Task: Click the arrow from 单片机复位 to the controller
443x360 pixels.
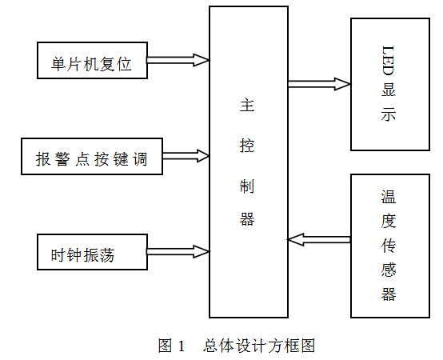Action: coord(178,60)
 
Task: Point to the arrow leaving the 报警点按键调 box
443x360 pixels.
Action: coord(186,156)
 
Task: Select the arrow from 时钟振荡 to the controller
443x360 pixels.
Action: coord(178,251)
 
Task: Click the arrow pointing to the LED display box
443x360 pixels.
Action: coord(319,84)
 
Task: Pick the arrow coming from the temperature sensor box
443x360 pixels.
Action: coord(319,240)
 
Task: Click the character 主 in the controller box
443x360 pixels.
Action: coord(247,105)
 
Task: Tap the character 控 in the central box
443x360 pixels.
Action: coord(247,146)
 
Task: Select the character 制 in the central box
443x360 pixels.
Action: coord(247,186)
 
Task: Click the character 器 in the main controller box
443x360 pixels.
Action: coord(247,219)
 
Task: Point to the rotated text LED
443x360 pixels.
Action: coord(388,61)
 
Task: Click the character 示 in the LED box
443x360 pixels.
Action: coord(388,114)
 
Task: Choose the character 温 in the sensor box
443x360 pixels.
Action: coord(389,197)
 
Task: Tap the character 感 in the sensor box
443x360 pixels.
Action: coord(389,270)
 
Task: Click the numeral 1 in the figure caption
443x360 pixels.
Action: coord(181,346)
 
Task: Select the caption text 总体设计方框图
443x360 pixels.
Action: coord(259,346)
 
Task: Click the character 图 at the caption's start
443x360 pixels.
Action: coord(166,346)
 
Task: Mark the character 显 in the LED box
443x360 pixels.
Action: coord(388,90)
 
